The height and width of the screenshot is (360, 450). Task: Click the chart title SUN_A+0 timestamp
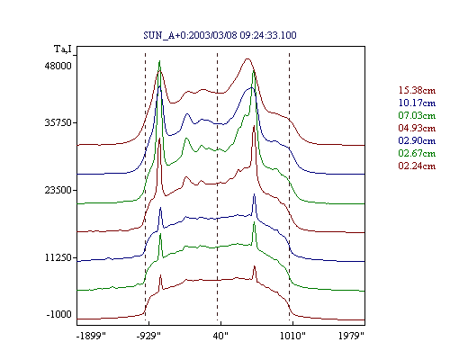tap(220, 35)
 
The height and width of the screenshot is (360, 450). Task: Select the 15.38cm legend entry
tap(417, 90)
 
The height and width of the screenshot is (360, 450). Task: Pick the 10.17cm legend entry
tap(417, 103)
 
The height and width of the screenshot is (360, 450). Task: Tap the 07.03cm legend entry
tap(417, 115)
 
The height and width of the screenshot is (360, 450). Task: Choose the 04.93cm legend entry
tap(417, 128)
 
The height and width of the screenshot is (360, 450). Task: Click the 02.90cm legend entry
tap(417, 140)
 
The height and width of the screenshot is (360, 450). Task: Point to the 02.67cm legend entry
tap(417, 153)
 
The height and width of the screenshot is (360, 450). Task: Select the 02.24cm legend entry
tap(417, 166)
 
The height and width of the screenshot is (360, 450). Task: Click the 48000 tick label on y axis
tap(58, 66)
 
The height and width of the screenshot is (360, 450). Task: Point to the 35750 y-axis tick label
tap(58, 122)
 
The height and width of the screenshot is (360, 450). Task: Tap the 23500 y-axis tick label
tap(58, 190)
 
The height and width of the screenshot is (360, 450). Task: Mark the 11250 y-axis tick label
tap(58, 257)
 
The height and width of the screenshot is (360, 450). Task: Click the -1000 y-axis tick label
tap(59, 314)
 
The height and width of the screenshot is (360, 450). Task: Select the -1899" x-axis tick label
tap(91, 336)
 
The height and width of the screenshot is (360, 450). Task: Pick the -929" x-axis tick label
tap(148, 336)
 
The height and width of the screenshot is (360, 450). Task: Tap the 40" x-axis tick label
tap(220, 336)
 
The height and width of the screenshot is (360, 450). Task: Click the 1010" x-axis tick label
tap(292, 336)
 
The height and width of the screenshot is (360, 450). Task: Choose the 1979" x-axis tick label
tap(351, 336)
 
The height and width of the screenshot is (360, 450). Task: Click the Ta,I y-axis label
tap(63, 49)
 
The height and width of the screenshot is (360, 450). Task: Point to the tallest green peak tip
tap(159, 61)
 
